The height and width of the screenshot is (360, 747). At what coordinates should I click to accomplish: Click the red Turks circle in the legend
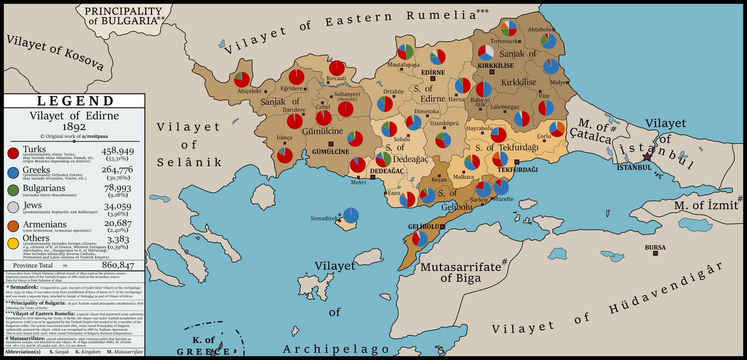point(12,153)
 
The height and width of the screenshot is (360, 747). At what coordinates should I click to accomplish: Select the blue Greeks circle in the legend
point(12,174)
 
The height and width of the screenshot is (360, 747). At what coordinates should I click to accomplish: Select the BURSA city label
point(655,247)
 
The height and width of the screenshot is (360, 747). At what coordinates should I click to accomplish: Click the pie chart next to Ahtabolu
point(549,40)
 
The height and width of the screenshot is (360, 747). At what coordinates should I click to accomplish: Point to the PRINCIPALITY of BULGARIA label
point(124,16)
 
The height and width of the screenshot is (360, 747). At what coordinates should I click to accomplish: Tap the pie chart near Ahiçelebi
point(242,79)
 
